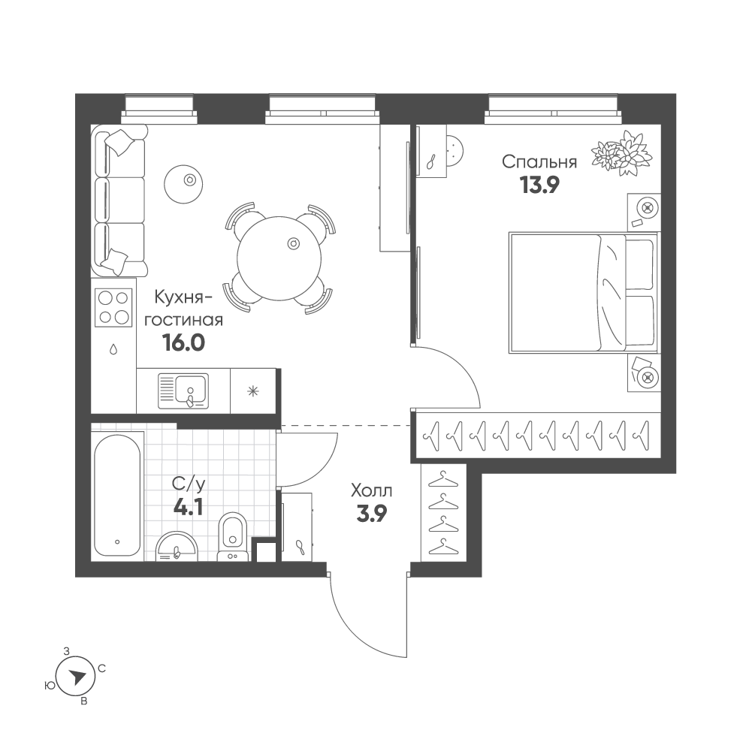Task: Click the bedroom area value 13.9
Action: point(540,185)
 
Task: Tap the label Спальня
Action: point(539,162)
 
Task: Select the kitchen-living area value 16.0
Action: point(184,342)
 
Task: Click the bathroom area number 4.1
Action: point(189,507)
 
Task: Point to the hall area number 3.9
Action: point(372,514)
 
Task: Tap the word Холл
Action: point(372,491)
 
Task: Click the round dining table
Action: point(279,258)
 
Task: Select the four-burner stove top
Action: point(113,307)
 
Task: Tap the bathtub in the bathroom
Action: point(117,494)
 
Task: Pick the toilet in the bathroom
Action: point(233,535)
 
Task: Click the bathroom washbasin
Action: point(177,546)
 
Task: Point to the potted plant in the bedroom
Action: point(621,152)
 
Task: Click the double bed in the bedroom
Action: point(583,293)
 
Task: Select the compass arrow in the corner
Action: point(77,677)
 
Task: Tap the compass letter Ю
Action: point(49,686)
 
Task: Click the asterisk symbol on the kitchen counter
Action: point(252,391)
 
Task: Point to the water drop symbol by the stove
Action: point(113,348)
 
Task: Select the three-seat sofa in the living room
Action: point(119,201)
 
